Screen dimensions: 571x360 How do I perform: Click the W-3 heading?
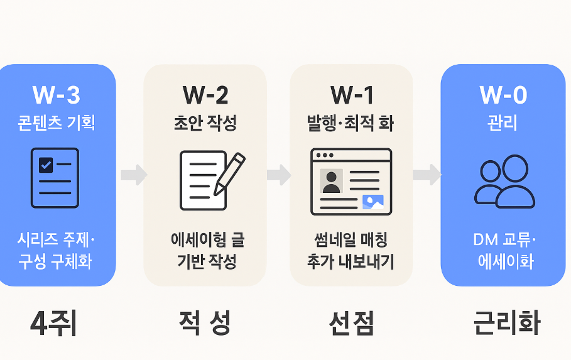coord(56,95)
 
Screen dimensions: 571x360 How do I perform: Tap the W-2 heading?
coord(205,95)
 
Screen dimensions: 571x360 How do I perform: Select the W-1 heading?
coord(352,95)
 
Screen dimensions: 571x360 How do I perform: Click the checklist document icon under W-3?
coord(55,178)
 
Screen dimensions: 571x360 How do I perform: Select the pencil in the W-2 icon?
coord(230,173)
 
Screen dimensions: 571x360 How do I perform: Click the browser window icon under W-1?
coord(351,181)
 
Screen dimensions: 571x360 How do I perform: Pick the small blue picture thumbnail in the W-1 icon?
coord(373,202)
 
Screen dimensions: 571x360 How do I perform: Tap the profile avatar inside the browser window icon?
coord(331,181)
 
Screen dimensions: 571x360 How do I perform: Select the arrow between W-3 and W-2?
coord(133,175)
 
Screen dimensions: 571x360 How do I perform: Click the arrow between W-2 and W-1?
coord(278,175)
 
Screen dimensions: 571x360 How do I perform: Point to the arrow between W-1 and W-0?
coord(427,175)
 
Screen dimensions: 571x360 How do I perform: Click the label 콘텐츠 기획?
coord(56,123)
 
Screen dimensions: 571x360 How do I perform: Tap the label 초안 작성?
coord(205,123)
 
